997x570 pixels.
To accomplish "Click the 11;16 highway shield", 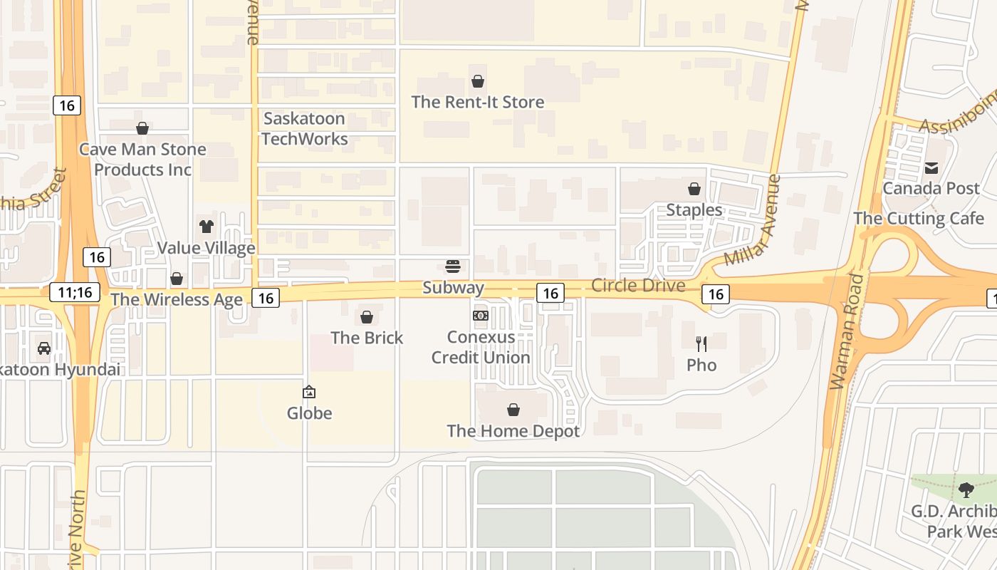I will coord(75,291).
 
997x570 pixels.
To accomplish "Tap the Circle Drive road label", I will coord(638,286).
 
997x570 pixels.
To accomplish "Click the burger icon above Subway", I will coord(453,266).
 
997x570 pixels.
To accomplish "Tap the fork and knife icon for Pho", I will coord(701,344).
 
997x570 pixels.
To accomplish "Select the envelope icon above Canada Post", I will coord(931,168).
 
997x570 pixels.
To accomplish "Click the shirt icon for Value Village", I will coord(207,227).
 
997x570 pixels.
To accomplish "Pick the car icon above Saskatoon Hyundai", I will coord(44,348).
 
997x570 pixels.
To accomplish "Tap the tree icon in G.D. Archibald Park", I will coord(966,490).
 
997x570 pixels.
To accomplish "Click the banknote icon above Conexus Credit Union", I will coord(481,315).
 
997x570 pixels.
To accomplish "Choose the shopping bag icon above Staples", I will coord(694,189).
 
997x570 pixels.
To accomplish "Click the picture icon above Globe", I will coord(309,392).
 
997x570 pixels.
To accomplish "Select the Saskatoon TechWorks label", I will coord(304,129).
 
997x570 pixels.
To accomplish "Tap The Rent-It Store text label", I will coord(478,102).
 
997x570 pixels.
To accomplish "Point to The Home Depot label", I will coord(513,431).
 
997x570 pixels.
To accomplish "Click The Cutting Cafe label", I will coord(919,218).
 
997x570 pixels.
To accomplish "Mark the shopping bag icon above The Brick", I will coord(367,317).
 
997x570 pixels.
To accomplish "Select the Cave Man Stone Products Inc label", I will coord(142,160).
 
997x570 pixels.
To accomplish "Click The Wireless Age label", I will coord(177,299).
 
